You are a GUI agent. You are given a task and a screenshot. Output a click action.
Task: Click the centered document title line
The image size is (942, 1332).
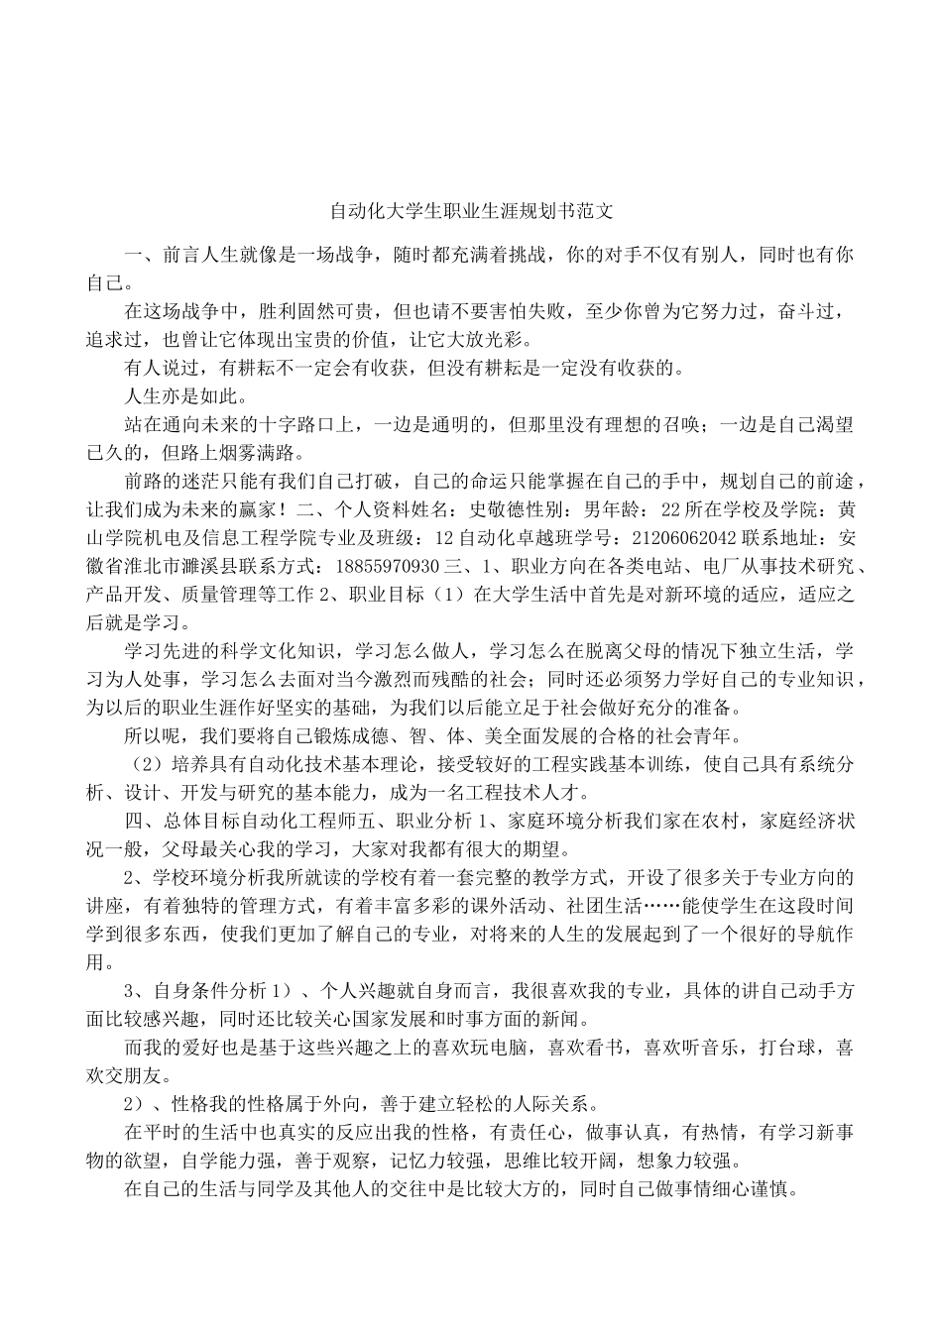pyautogui.click(x=471, y=211)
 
